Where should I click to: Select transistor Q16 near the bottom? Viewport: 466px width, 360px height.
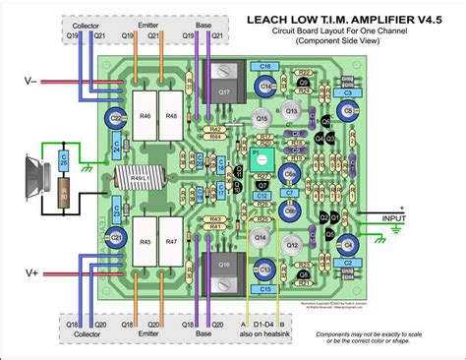(225, 266)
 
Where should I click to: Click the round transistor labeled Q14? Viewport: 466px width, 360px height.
(262, 237)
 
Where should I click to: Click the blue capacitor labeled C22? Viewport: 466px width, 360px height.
(116, 119)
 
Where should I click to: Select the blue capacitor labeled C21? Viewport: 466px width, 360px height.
(115, 237)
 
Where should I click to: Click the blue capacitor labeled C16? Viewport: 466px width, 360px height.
(264, 66)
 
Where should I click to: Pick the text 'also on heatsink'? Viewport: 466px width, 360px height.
(264, 333)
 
